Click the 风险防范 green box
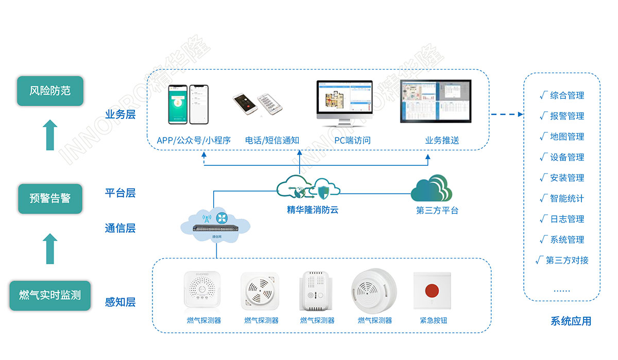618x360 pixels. (50, 91)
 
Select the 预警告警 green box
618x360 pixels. (50, 198)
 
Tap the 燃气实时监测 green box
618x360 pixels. (50, 296)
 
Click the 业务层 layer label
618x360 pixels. (120, 114)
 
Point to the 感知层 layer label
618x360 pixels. (120, 302)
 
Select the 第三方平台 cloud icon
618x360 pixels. (432, 189)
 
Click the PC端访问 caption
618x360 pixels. (352, 140)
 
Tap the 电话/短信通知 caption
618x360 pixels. (272, 140)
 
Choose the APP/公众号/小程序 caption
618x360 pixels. (194, 140)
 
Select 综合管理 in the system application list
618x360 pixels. (566, 95)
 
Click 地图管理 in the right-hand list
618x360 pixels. (566, 136)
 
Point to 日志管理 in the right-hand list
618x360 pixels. (566, 219)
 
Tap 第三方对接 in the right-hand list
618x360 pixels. (566, 260)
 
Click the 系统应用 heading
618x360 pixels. (571, 321)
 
